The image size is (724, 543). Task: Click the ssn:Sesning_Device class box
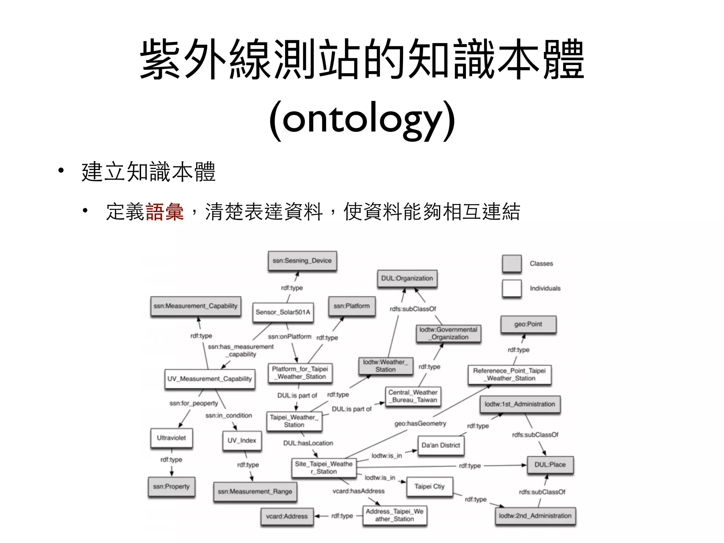(x=302, y=261)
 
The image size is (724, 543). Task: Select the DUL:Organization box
(x=407, y=279)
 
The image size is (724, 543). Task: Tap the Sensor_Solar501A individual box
(x=283, y=312)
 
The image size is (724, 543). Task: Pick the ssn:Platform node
(x=352, y=306)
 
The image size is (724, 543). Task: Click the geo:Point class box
(x=528, y=324)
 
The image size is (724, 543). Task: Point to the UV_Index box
(x=242, y=440)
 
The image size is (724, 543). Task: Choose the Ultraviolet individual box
(x=171, y=438)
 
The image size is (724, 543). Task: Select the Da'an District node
(x=441, y=445)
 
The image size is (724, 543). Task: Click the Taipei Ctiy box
(x=430, y=487)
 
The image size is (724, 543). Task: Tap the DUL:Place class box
(x=550, y=465)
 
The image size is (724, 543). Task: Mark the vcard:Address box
(x=287, y=516)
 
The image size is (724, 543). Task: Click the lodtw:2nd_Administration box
(x=535, y=516)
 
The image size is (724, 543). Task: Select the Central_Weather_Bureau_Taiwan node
(x=413, y=396)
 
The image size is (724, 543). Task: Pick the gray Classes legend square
(x=512, y=263)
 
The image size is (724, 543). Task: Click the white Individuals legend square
(x=512, y=288)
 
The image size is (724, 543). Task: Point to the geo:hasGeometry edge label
(x=420, y=424)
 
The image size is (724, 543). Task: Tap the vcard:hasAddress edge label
(x=358, y=491)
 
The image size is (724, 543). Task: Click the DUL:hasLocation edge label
(x=308, y=443)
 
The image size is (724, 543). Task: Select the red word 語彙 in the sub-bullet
(x=164, y=212)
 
